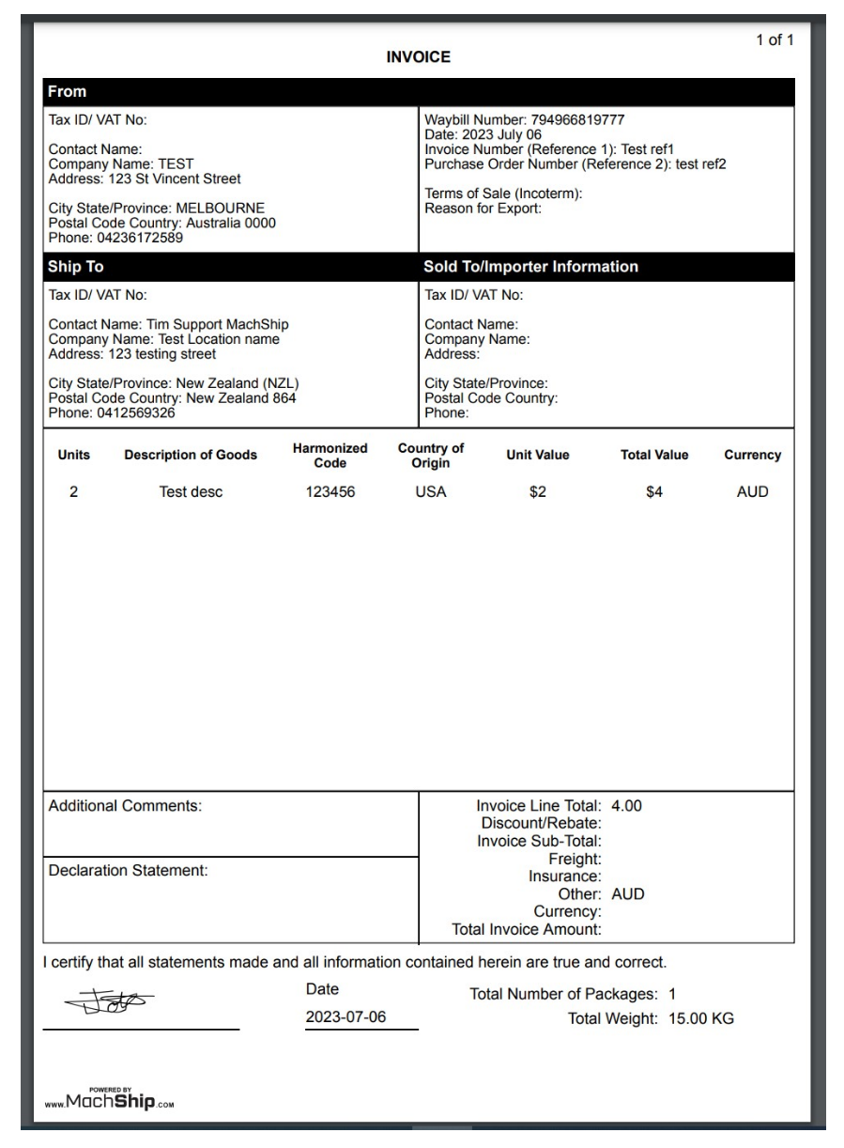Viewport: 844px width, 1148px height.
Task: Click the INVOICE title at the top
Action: (419, 57)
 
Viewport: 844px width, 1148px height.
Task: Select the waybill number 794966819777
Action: (577, 120)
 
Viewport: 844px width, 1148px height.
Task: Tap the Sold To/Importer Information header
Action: (530, 267)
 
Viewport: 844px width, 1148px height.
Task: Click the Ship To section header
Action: (76, 267)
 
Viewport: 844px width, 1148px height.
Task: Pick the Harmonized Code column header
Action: (330, 456)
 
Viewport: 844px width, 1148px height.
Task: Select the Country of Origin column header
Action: (431, 456)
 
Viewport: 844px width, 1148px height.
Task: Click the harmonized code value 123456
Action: (330, 491)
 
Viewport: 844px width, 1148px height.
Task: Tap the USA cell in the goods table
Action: (431, 491)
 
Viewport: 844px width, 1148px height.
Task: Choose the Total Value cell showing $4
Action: (654, 491)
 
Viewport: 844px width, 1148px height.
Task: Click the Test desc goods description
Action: (191, 491)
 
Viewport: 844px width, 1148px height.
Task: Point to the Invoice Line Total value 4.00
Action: (626, 806)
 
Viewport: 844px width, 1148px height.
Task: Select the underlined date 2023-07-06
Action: (346, 1018)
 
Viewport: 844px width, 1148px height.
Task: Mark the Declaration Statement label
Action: (128, 871)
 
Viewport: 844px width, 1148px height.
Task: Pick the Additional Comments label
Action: (125, 806)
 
